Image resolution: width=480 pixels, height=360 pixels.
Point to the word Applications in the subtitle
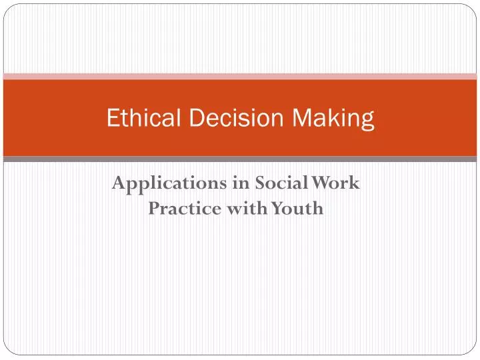click(x=164, y=183)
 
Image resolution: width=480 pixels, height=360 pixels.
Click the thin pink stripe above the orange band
click(x=240, y=76)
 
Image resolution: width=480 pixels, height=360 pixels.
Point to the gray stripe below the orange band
click(x=240, y=159)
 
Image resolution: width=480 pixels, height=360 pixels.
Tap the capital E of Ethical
click(x=113, y=119)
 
